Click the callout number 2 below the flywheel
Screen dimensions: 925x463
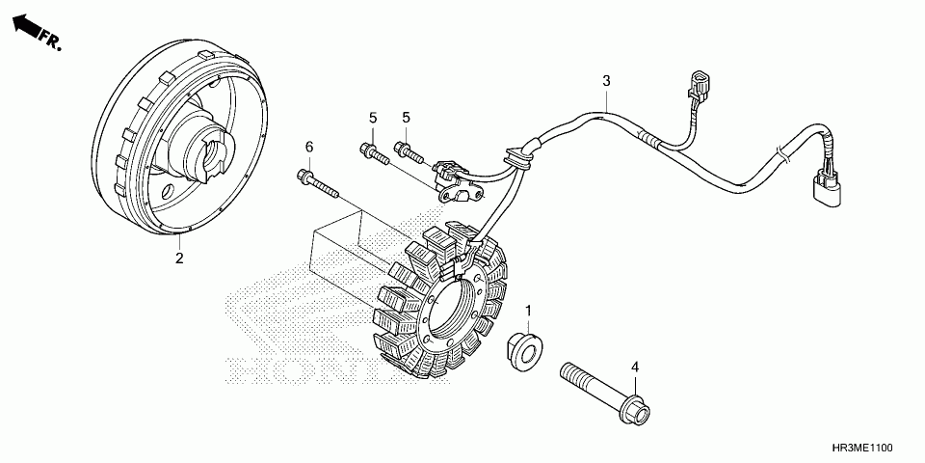pos(179,258)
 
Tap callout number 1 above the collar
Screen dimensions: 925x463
pos(528,309)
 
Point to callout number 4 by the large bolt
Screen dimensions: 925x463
pos(634,367)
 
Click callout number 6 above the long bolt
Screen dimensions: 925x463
pos(309,147)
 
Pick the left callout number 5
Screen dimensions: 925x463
pos(372,118)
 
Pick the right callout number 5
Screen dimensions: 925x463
pos(407,118)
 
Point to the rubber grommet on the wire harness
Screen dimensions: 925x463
pos(520,157)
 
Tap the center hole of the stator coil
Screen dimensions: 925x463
pos(452,309)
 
